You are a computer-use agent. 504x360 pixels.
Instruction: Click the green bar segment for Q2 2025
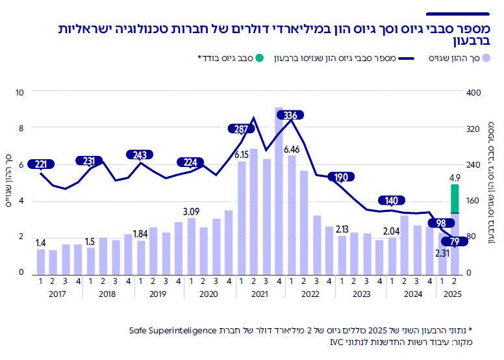point(455,198)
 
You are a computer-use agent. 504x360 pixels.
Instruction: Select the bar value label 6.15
point(242,155)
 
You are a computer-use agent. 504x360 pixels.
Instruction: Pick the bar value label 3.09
point(191,211)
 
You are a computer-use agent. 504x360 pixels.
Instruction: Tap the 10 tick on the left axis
point(19,92)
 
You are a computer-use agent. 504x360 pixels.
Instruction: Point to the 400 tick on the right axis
point(473,92)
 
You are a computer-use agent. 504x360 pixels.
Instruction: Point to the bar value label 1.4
point(41,242)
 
